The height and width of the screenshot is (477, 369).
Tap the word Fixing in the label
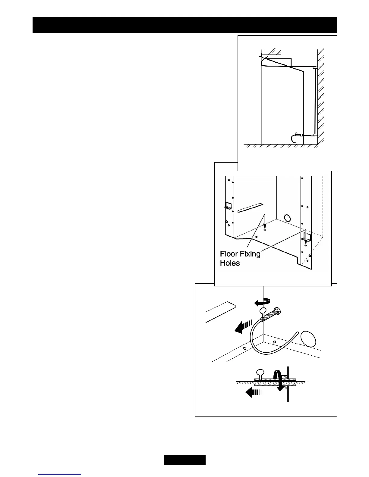click(250, 254)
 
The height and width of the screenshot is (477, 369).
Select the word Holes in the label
click(230, 263)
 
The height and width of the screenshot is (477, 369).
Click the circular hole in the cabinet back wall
click(288, 218)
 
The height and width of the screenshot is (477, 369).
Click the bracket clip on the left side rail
click(228, 206)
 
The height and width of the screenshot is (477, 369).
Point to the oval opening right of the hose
click(308, 339)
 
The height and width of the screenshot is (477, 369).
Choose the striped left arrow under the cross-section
click(253, 392)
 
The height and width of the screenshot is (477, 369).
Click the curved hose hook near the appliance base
click(293, 139)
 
